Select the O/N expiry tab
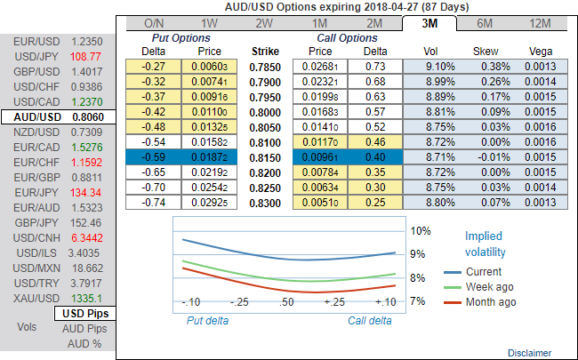click(x=154, y=22)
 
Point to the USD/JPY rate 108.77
click(x=86, y=56)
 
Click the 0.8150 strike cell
click(x=267, y=156)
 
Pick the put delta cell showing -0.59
click(x=155, y=156)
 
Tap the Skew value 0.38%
click(x=487, y=67)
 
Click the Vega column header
click(x=541, y=52)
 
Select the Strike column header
click(x=267, y=52)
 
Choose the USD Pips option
click(x=85, y=314)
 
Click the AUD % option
click(x=85, y=343)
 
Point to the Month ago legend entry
click(x=490, y=302)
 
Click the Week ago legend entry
click(x=488, y=287)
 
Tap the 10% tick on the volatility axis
click(x=421, y=230)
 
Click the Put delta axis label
click(x=208, y=319)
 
